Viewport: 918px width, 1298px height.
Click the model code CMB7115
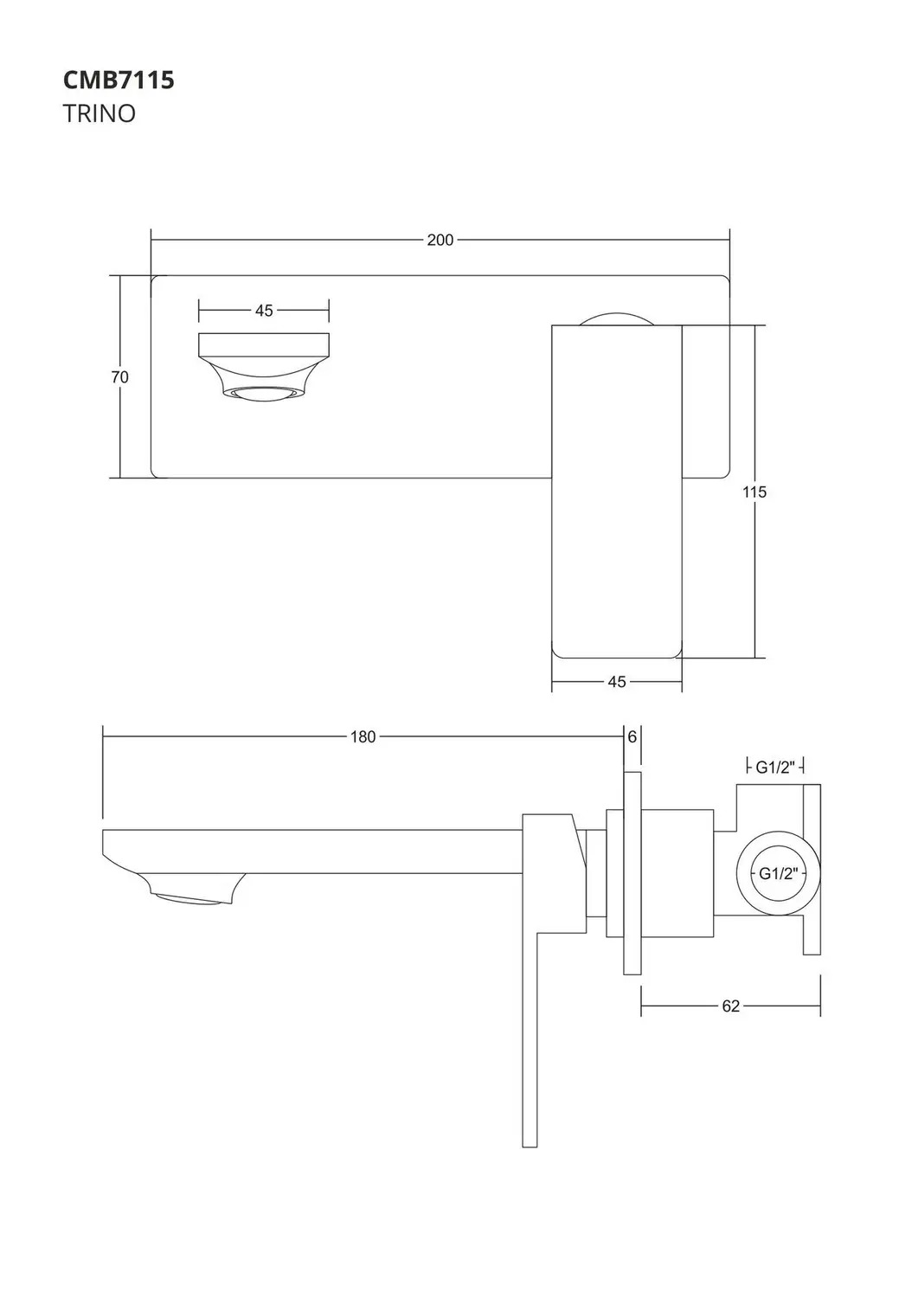[119, 80]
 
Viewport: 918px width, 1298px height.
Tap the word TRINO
[100, 113]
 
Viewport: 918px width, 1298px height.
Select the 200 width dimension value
[440, 240]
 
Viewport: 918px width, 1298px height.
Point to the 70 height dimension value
[120, 377]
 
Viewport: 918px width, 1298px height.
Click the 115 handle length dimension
[754, 492]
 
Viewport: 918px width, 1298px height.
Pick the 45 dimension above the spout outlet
[264, 311]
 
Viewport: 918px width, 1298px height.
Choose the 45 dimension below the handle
[617, 682]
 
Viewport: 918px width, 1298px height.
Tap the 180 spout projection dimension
[363, 736]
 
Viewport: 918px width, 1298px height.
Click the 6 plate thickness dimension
[632, 736]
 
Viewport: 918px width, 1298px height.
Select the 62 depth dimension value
[731, 1006]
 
